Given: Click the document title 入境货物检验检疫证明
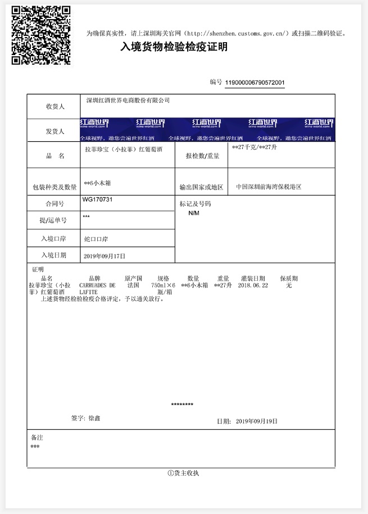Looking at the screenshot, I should point(174,47).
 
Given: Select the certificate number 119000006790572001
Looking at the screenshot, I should point(255,83).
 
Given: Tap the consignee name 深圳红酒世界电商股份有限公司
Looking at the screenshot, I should point(127,101).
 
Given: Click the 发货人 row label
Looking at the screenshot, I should point(55,132).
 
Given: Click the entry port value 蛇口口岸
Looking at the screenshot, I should point(96,239).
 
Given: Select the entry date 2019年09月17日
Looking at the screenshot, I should point(105,256).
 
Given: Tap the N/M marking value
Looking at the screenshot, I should point(194,214).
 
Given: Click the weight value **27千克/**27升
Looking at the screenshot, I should point(255,147).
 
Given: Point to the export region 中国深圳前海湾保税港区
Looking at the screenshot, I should point(269,187).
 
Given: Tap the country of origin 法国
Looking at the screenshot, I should point(133,286).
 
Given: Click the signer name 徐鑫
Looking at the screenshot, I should point(94,418).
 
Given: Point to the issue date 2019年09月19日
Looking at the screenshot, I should point(256,421).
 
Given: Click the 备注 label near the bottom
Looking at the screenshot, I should point(37,437).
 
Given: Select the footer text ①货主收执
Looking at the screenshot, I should point(183,473).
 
